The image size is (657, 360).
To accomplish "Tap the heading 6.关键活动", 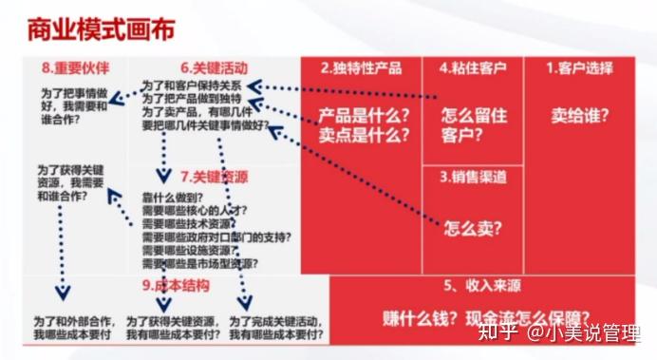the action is coord(215,68).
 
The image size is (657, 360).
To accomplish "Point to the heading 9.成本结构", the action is coord(175,285).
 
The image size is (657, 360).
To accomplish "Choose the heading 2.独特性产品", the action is coord(361,68).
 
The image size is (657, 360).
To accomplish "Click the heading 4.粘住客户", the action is coord(473,68).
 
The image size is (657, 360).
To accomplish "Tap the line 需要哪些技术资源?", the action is coord(189,221).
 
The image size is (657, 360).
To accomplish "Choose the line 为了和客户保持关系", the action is coord(191,85).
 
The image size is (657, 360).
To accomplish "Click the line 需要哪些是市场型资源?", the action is coord(200,262).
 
